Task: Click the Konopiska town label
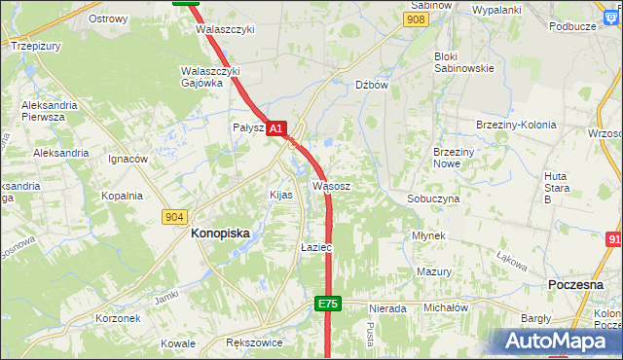click(x=220, y=234)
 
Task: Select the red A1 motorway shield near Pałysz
click(x=276, y=127)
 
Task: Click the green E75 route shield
click(x=328, y=305)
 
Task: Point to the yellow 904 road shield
click(x=175, y=217)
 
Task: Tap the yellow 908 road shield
click(x=417, y=19)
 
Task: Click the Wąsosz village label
click(x=332, y=185)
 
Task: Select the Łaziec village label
click(x=316, y=248)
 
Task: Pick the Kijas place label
click(x=280, y=195)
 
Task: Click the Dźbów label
click(x=372, y=85)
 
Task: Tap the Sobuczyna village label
click(x=433, y=198)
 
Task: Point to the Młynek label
click(x=428, y=235)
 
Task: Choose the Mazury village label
click(x=434, y=271)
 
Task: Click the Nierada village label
click(x=386, y=308)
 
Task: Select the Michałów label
click(x=446, y=307)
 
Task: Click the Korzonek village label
click(x=119, y=318)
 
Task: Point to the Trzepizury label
click(x=36, y=45)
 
